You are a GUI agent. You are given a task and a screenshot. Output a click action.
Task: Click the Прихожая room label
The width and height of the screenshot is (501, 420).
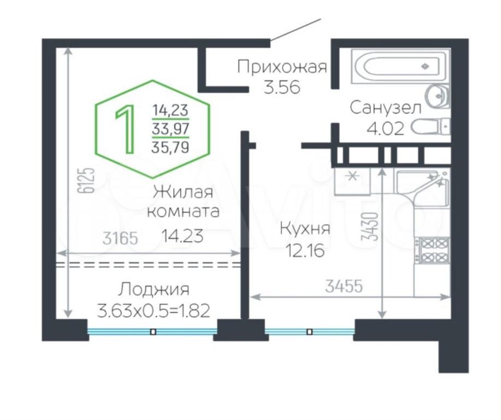point(282,67)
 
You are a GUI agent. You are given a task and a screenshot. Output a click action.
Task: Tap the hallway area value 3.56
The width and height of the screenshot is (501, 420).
point(282,87)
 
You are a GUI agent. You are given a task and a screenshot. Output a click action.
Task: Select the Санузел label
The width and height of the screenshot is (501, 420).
point(386,108)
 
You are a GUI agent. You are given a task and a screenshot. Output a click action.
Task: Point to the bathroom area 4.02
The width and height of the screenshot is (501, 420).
point(385,129)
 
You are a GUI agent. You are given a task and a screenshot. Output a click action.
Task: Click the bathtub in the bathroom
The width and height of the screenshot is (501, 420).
point(400,66)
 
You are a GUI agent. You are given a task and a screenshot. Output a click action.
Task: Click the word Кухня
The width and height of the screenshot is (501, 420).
point(305,229)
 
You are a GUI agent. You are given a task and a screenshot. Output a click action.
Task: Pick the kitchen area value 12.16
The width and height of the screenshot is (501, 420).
point(305,250)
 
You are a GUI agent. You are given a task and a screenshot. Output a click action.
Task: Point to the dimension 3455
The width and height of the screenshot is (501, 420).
point(344,286)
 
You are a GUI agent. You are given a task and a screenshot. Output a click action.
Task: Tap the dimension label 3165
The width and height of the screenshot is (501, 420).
point(120,238)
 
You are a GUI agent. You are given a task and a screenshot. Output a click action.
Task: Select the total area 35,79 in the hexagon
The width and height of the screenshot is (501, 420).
point(170,147)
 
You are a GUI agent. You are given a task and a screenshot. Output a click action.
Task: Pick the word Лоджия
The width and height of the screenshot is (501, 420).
point(154,290)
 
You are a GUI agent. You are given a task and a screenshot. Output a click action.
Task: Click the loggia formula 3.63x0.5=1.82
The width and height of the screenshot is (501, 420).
point(154,311)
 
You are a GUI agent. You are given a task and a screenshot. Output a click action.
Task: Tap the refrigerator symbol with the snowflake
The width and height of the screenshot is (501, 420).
point(352,182)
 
